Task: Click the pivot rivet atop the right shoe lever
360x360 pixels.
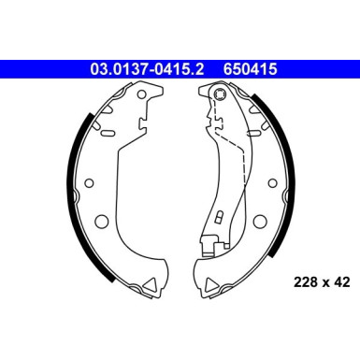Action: tap(218, 94)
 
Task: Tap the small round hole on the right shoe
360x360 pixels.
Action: tap(273, 184)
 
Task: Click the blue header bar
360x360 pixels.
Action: tap(180, 67)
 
